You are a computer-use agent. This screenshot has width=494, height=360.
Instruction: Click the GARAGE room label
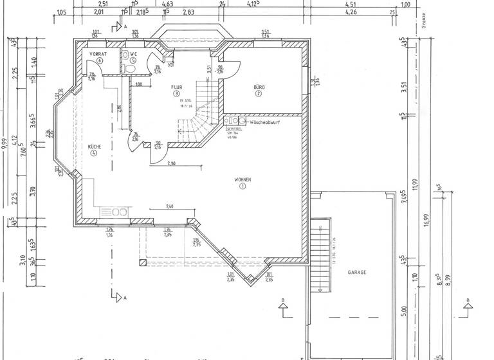tap(357, 273)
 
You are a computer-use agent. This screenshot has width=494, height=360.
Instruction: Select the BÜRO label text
tap(259, 86)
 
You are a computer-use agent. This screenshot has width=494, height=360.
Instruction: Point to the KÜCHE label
tap(95, 147)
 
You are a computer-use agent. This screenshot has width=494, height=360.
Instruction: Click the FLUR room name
tap(176, 86)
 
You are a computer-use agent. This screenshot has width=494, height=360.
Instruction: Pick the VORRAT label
tap(98, 53)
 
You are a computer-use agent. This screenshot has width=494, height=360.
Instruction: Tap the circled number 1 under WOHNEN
tap(242, 186)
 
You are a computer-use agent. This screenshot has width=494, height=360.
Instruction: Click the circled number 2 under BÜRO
tap(259, 93)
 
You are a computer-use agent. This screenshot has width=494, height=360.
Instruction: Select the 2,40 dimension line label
tap(169, 206)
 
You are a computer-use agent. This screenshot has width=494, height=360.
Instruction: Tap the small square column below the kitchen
tap(142, 262)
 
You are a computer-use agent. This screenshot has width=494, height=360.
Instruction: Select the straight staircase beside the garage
tap(320, 257)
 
